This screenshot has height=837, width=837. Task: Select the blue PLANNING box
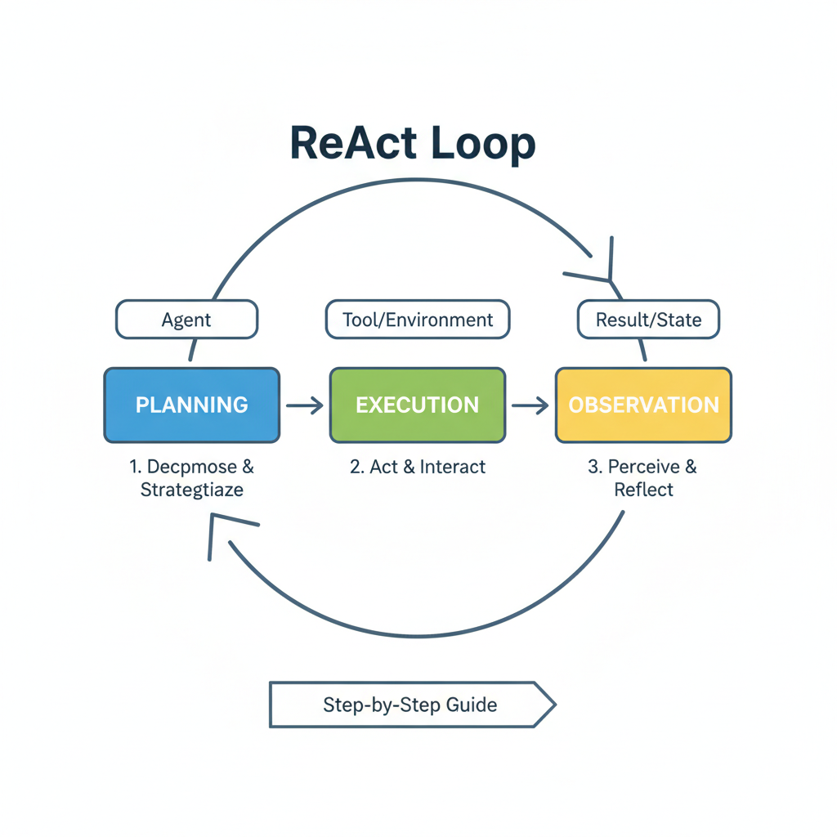(192, 405)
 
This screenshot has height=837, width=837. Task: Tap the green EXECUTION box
(417, 405)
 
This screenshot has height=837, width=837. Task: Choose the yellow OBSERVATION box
(643, 405)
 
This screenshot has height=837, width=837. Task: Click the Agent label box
(186, 320)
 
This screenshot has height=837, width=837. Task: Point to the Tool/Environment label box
(417, 320)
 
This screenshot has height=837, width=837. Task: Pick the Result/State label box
(648, 320)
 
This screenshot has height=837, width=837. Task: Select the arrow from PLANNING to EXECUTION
(304, 405)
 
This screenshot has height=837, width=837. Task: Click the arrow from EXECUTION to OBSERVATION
(530, 405)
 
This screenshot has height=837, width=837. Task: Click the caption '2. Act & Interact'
(417, 467)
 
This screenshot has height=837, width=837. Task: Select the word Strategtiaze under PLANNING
(192, 490)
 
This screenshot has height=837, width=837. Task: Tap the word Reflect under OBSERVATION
(643, 490)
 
